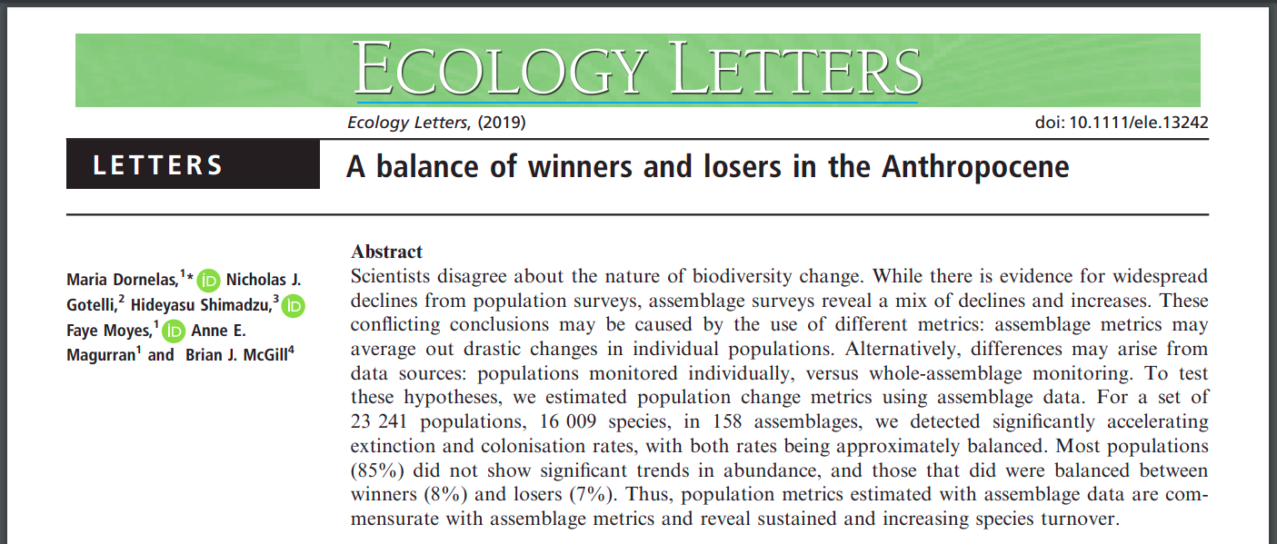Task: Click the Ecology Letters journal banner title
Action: (x=637, y=70)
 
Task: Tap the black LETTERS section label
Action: (x=193, y=165)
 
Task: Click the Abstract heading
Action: (x=387, y=252)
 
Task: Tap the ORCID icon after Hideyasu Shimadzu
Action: (x=294, y=306)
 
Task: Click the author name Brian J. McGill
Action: (x=236, y=355)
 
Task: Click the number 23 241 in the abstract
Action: (x=374, y=422)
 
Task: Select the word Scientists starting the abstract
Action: (x=391, y=276)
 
